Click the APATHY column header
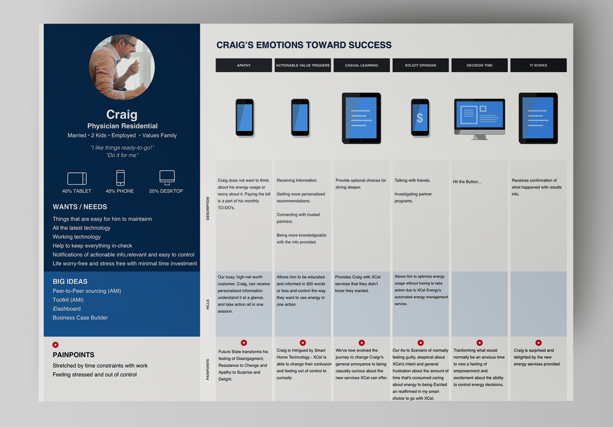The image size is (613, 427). click(244, 65)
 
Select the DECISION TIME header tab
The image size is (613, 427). click(479, 65)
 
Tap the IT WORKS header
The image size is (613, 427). click(538, 65)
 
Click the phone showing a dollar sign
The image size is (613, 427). click(420, 118)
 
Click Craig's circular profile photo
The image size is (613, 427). click(122, 67)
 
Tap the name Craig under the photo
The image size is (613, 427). click(122, 114)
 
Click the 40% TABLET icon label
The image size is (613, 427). click(77, 191)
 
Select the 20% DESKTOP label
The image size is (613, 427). click(166, 191)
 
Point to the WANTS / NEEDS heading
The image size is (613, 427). click(80, 207)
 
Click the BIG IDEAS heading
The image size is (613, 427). click(70, 281)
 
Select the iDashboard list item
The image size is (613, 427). click(67, 309)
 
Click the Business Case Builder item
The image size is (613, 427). click(80, 317)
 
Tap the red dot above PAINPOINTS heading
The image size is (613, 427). click(55, 345)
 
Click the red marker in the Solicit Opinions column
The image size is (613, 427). click(421, 343)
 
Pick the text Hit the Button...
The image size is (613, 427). click(467, 182)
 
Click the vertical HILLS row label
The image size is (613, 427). click(208, 304)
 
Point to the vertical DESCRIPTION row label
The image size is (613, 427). click(208, 208)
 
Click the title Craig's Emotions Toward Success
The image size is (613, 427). click(304, 45)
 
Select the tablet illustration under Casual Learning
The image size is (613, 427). click(361, 118)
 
